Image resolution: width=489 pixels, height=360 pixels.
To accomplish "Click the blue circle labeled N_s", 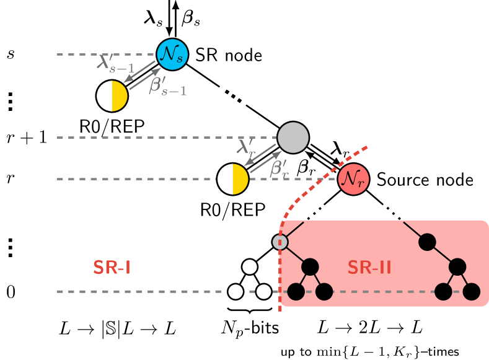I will tap(172, 54).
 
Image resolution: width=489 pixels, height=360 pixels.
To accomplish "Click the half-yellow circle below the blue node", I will tap(112, 96).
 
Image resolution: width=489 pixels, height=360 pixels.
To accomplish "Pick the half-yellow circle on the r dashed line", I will tap(233, 179).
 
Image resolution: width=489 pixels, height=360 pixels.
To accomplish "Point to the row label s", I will tap(11, 54).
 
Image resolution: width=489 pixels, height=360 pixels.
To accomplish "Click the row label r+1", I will tap(27, 138).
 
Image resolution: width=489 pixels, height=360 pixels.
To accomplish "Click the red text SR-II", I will tap(369, 267).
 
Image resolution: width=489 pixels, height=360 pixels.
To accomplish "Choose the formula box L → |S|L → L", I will tap(117, 329).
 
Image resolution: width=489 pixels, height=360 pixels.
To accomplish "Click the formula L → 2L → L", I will tap(369, 327).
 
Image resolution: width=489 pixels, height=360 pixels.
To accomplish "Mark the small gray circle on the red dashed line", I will tap(280, 242).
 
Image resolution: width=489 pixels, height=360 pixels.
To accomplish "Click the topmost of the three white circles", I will tap(250, 267).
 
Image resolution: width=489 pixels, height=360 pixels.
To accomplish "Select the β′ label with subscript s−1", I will tap(167, 86).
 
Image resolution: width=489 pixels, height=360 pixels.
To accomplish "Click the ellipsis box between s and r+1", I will tap(11, 96).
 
